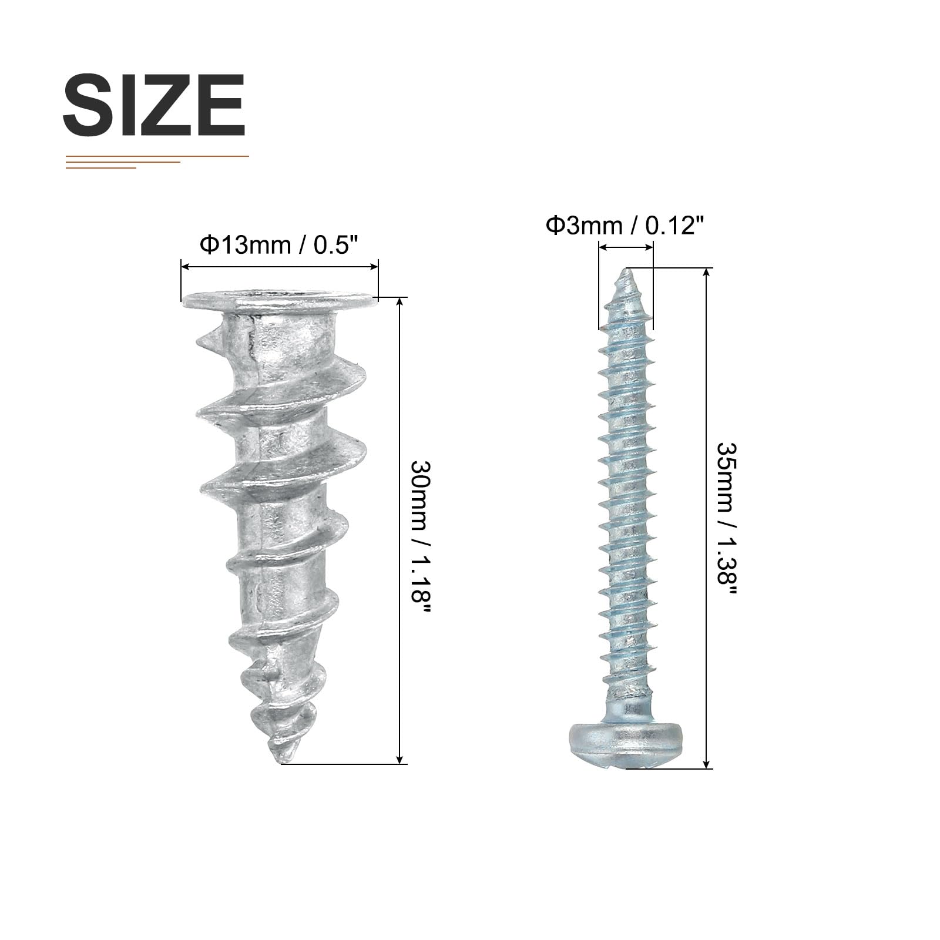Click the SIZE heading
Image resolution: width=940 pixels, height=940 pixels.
tap(154, 106)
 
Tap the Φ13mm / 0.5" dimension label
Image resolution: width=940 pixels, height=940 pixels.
tap(279, 245)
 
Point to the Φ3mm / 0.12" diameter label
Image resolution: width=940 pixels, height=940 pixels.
tap(625, 225)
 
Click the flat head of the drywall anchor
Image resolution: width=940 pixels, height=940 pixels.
tap(279, 302)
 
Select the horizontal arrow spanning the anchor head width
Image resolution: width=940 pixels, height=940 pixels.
tap(279, 267)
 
